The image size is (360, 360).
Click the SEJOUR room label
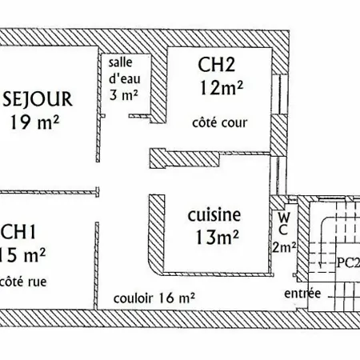point(38,99)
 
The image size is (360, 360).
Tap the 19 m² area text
point(34,122)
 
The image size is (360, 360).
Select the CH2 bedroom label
point(216,64)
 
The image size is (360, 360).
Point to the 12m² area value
point(222,88)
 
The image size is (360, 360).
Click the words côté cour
point(220,123)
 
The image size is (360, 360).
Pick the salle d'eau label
point(124,70)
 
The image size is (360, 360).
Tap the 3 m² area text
point(123,95)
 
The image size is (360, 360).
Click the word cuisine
point(214,215)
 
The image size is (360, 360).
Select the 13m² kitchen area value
point(217,237)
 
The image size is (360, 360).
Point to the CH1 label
point(18,232)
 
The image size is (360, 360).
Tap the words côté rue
point(23,282)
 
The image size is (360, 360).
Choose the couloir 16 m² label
point(154,298)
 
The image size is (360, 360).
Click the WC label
point(284,224)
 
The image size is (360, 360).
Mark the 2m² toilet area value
point(284,247)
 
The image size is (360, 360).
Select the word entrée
point(302,294)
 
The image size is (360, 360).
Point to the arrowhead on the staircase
point(321,265)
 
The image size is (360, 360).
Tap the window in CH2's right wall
point(280,94)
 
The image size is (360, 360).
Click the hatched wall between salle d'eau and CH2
point(159,86)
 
